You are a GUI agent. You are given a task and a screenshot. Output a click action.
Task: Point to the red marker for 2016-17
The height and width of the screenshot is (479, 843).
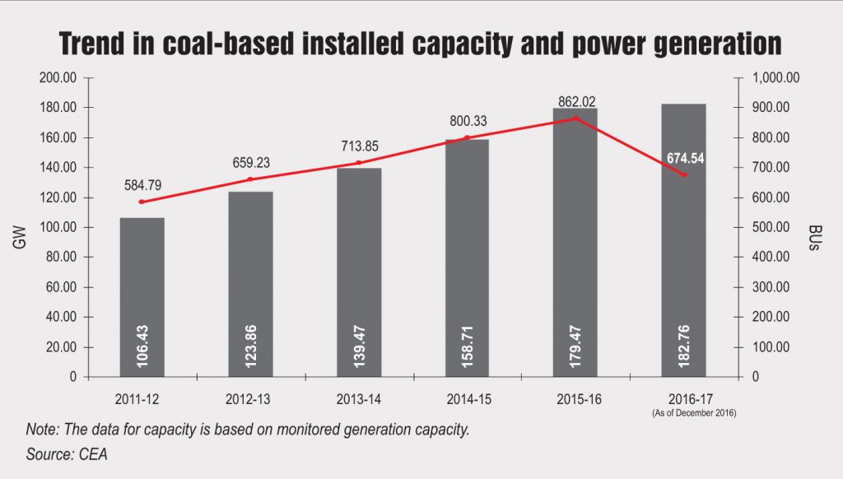[684, 175]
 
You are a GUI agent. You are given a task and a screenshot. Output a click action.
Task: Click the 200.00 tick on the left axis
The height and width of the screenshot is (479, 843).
[58, 77]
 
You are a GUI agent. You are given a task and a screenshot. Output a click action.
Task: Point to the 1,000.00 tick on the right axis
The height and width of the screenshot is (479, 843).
[777, 77]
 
